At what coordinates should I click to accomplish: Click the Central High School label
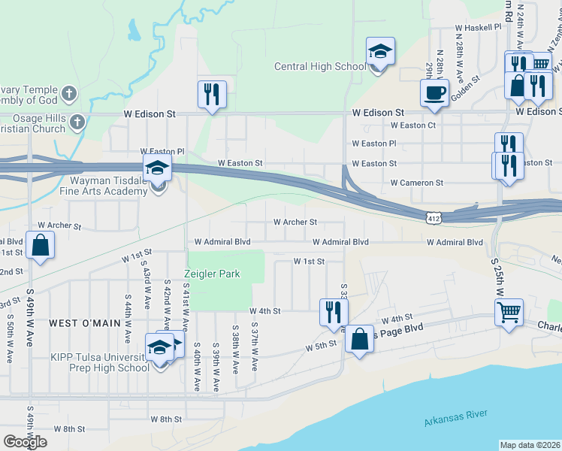click(x=320, y=67)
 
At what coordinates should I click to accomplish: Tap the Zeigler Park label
click(x=213, y=274)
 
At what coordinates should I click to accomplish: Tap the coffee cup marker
click(x=434, y=94)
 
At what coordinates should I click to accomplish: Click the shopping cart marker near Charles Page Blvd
click(x=509, y=312)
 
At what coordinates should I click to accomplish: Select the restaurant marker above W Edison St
click(x=212, y=95)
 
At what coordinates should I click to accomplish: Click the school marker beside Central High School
click(x=380, y=53)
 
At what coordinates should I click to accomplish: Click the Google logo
click(x=25, y=442)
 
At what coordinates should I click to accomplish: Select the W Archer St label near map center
click(x=295, y=222)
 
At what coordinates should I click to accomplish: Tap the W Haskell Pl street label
click(x=478, y=26)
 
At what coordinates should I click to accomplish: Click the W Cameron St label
click(x=417, y=183)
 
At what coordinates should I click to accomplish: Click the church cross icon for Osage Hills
click(x=77, y=121)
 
